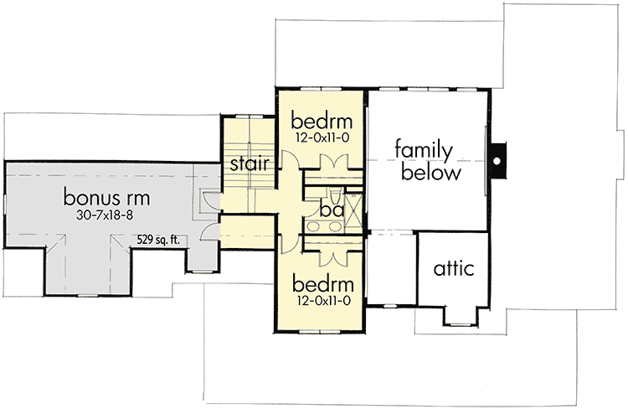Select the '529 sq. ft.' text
(160, 241)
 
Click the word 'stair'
(246, 163)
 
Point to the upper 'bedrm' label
(320, 119)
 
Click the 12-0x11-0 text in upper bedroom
(320, 136)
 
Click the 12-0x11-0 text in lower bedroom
(320, 298)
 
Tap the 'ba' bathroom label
(332, 210)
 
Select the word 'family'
(425, 152)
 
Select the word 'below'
(430, 173)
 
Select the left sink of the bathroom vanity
(315, 227)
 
